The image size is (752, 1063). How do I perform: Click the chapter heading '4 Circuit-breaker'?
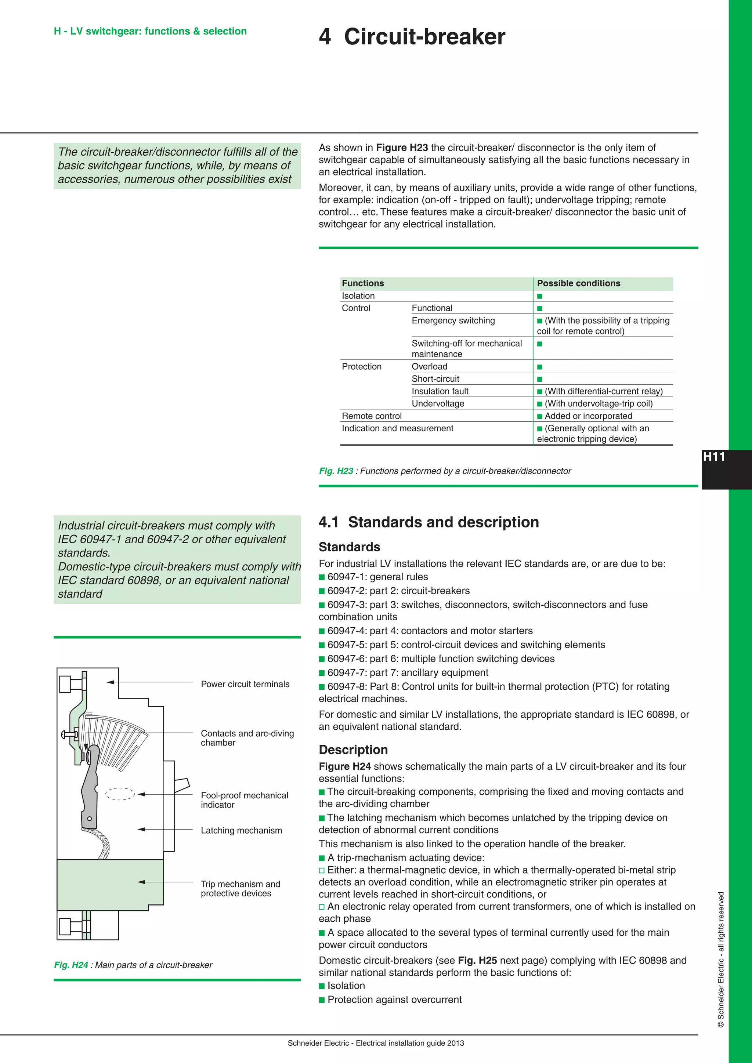click(412, 37)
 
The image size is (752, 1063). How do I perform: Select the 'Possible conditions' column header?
click(578, 283)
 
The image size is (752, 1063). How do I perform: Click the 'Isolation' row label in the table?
click(358, 296)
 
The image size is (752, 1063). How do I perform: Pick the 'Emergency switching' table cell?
click(453, 320)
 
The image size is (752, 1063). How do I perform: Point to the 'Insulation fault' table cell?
click(440, 391)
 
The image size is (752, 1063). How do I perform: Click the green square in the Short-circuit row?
click(539, 379)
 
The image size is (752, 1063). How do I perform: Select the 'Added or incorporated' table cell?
click(588, 416)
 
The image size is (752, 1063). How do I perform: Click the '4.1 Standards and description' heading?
click(429, 522)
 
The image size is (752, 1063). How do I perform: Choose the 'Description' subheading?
click(353, 750)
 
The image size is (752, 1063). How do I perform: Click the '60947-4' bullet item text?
click(430, 631)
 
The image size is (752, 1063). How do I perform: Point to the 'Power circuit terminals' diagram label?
click(245, 684)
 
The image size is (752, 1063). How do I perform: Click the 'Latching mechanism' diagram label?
click(241, 830)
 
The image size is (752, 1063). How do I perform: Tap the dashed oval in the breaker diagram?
click(120, 794)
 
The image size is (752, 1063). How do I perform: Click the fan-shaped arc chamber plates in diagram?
click(118, 741)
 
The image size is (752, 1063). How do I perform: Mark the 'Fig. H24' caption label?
click(71, 965)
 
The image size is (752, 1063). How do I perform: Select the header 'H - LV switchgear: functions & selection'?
click(150, 31)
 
